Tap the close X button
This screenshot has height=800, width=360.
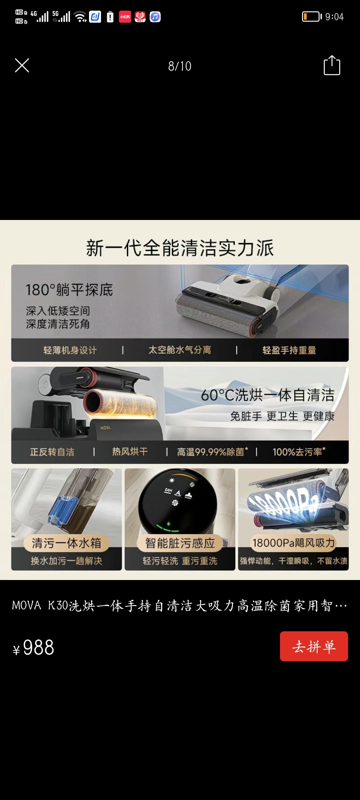(x=22, y=65)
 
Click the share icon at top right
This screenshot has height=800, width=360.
(x=332, y=65)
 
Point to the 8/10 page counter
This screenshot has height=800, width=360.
(x=180, y=66)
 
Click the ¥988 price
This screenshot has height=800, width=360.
(x=34, y=648)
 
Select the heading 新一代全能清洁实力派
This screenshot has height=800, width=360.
(x=180, y=248)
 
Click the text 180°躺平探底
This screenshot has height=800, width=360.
(x=69, y=290)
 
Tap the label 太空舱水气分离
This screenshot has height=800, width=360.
(x=180, y=350)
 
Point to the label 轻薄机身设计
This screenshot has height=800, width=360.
(x=70, y=350)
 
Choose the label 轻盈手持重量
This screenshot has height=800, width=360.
(x=289, y=350)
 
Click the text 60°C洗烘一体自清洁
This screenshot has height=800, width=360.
(x=267, y=395)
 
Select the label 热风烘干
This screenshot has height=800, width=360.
(x=130, y=452)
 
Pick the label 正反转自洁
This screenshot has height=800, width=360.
(x=52, y=452)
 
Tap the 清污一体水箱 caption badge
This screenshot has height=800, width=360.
(x=66, y=543)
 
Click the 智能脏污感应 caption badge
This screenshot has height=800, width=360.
(x=180, y=543)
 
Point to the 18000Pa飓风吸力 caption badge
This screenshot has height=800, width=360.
(x=293, y=543)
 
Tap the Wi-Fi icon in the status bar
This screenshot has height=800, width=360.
(x=80, y=16)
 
